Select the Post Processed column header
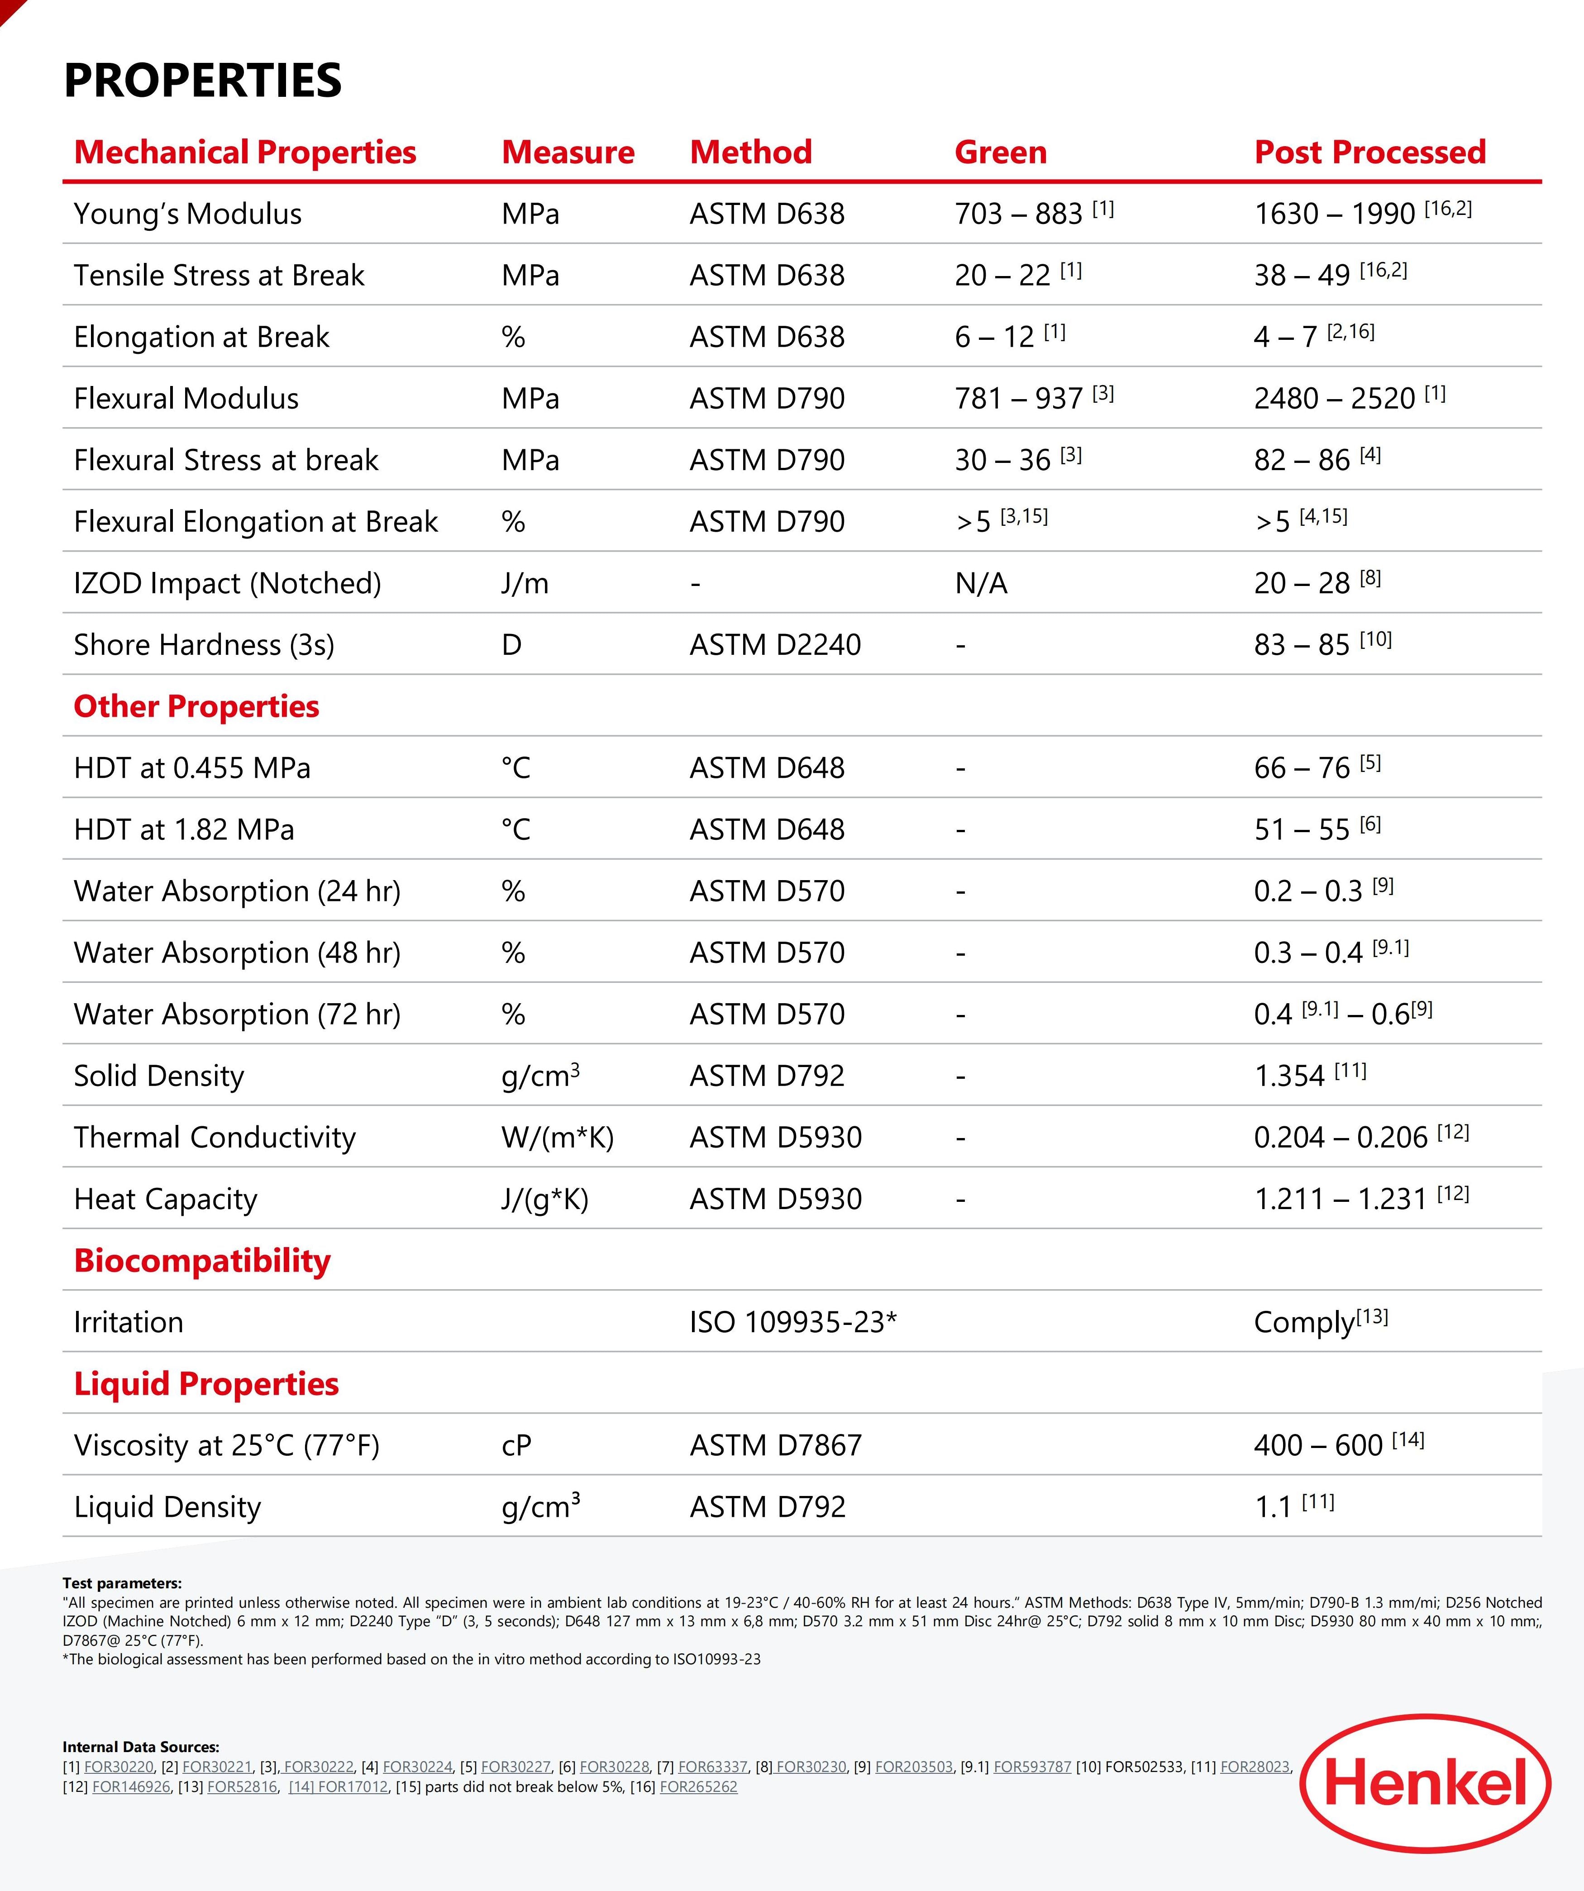tap(1369, 152)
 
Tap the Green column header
tap(1001, 152)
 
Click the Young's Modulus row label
tap(187, 214)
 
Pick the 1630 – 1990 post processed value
tap(1335, 214)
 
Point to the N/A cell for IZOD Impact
tap(981, 584)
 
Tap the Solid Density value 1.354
tap(1289, 1076)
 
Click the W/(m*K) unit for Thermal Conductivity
tap(558, 1138)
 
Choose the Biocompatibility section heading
tap(202, 1261)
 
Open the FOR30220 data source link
tap(119, 1767)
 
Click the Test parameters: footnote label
tap(122, 1583)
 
